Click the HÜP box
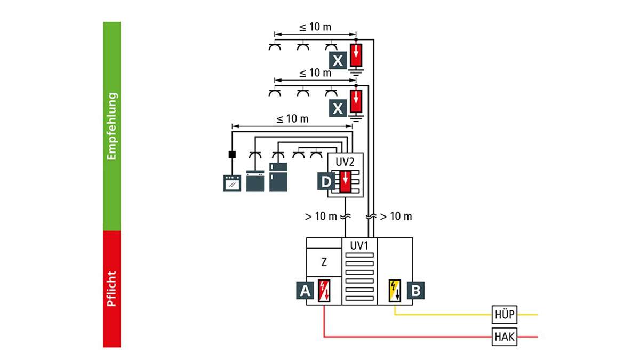(x=504, y=315)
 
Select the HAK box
(x=504, y=337)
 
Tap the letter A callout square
(x=305, y=291)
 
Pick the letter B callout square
(x=415, y=291)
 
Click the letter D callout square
(x=325, y=182)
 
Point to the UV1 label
(x=359, y=245)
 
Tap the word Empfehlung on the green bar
(x=112, y=126)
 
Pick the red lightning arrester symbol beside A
(x=324, y=291)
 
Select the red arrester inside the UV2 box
(x=346, y=181)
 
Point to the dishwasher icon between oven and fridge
(x=255, y=181)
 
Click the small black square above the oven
(x=232, y=155)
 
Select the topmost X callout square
(x=338, y=61)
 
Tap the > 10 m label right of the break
(x=396, y=217)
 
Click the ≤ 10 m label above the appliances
(x=292, y=119)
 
